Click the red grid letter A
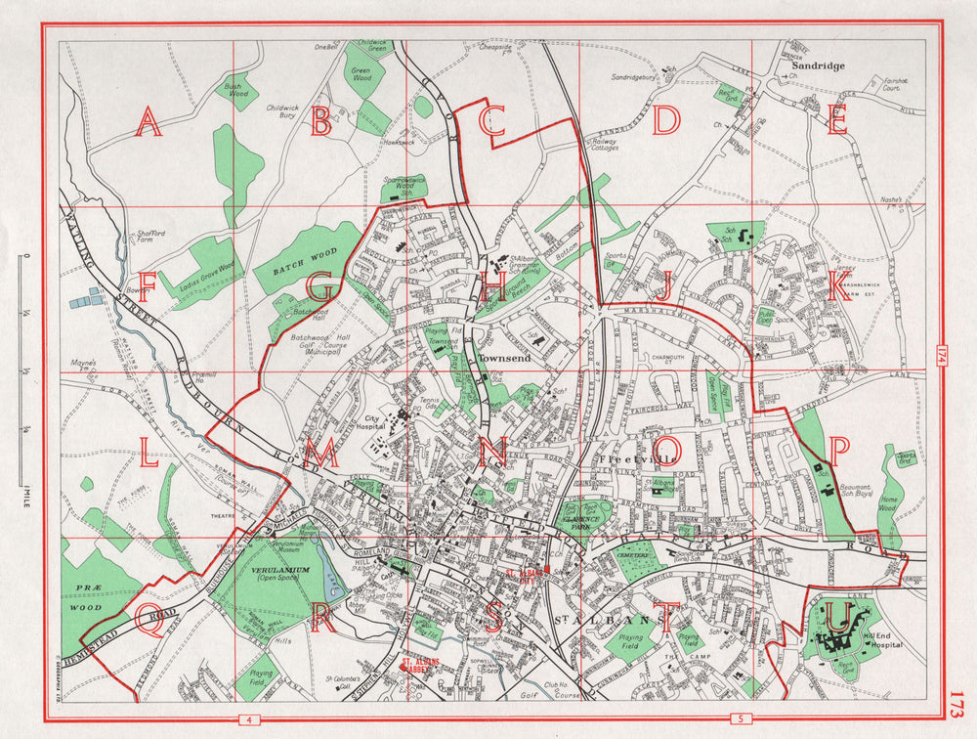coord(148,123)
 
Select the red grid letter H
coord(495,287)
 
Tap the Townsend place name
coord(502,359)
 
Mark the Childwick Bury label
coord(281,110)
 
